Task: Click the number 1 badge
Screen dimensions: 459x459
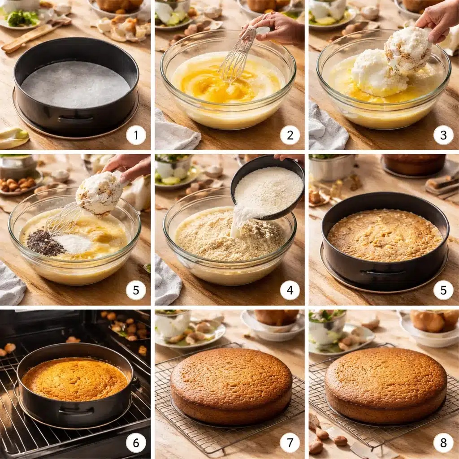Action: (136, 135)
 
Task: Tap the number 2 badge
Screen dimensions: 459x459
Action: (290, 135)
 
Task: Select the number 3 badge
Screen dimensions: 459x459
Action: (443, 135)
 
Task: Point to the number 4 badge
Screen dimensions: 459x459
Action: (290, 290)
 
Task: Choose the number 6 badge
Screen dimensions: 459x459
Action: (136, 443)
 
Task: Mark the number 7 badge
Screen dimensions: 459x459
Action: (290, 443)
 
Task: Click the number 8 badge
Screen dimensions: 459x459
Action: (443, 443)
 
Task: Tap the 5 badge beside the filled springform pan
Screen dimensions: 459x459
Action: (443, 290)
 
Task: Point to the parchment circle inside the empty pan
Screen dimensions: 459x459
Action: (75, 84)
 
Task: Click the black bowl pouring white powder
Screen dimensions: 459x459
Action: (267, 187)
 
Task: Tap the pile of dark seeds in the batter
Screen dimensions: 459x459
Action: (45, 243)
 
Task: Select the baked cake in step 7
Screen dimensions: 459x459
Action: (231, 386)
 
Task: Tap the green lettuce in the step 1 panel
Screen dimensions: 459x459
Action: (22, 18)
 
